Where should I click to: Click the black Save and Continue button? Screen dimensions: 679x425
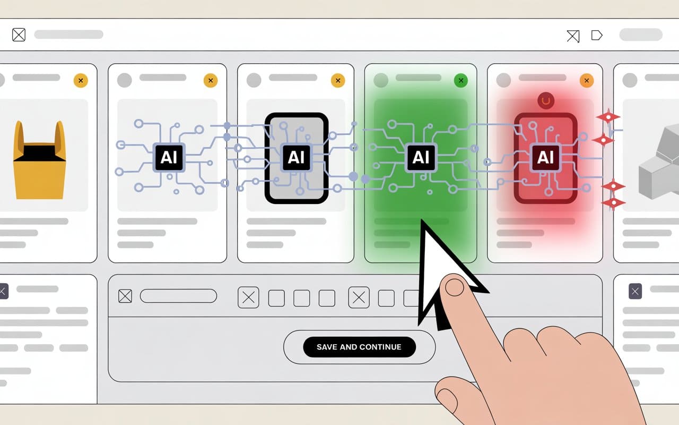[359, 347]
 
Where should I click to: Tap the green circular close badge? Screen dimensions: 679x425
[461, 80]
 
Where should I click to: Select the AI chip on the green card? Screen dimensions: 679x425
[421, 157]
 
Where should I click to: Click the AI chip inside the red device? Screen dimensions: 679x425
[545, 157]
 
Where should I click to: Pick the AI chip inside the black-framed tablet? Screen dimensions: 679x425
[296, 157]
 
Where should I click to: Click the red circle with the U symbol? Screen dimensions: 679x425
[546, 101]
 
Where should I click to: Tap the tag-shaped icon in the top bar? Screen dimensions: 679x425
[597, 35]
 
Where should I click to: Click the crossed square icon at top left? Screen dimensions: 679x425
[19, 35]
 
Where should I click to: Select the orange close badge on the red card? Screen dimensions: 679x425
[587, 80]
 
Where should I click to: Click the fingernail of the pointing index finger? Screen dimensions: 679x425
[455, 287]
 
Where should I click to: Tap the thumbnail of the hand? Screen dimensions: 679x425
[447, 400]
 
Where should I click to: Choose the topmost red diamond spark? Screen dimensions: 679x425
[608, 117]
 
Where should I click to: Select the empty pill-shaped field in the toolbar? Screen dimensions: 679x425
[178, 296]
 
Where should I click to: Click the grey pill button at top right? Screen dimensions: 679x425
[641, 35]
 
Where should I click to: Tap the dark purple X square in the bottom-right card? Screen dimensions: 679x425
[636, 292]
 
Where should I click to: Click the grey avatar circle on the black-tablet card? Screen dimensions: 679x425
[254, 80]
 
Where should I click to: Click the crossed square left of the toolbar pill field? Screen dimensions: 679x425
[125, 296]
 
